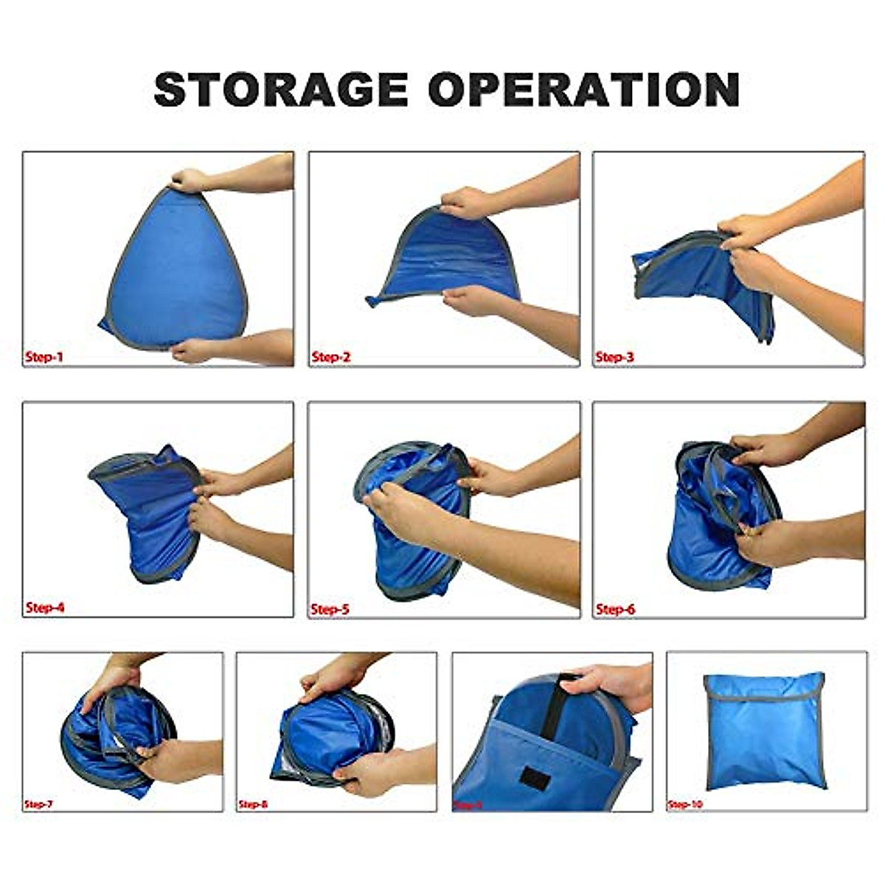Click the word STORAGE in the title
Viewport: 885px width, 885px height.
coord(280,90)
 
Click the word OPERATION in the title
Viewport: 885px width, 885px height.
coord(584,90)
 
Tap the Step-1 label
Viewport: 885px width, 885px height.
coord(44,358)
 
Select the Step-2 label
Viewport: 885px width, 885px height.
coord(331,358)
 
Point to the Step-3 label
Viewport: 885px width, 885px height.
coord(615,358)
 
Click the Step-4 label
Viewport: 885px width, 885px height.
coord(45,608)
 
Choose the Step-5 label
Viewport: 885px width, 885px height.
coord(330,609)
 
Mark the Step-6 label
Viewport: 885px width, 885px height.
coord(615,609)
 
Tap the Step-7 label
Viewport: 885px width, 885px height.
coord(39,804)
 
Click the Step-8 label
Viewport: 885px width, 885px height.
coord(253,804)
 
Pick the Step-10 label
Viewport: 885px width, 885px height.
coord(685,804)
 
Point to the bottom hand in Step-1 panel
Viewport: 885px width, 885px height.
coord(193,350)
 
